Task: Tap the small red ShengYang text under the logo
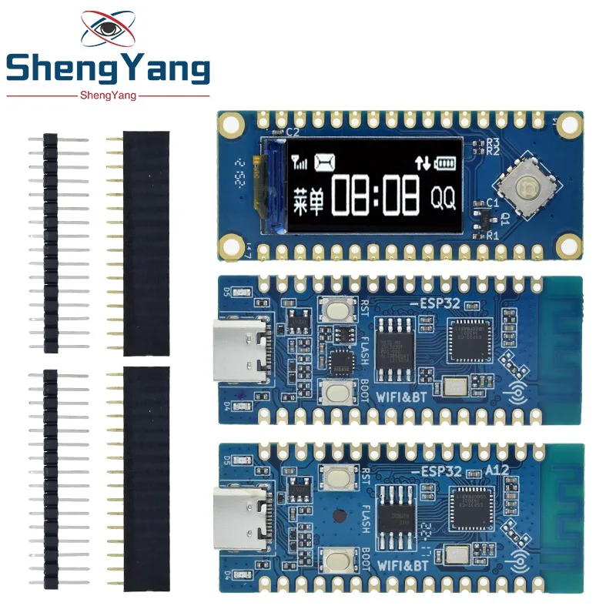point(107,95)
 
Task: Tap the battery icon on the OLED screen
point(446,162)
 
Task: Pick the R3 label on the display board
point(493,142)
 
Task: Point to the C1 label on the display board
point(494,203)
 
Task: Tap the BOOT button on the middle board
point(336,393)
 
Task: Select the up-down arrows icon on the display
point(422,162)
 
